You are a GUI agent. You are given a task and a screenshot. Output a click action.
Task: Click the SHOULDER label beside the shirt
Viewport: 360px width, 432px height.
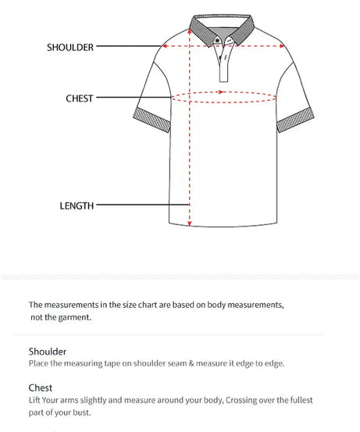(70, 47)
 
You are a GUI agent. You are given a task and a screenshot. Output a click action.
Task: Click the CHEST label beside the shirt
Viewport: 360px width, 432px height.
(80, 98)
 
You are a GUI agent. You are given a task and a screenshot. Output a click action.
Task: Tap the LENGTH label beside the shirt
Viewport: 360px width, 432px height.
(77, 206)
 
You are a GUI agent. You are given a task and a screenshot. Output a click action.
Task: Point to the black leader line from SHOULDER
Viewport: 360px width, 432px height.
(129, 47)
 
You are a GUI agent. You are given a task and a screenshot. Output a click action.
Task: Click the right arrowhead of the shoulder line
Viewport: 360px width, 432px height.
(283, 46)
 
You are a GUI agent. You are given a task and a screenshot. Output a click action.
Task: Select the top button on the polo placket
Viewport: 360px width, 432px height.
(225, 42)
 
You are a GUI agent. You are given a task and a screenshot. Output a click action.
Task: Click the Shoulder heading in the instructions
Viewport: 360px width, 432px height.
(48, 352)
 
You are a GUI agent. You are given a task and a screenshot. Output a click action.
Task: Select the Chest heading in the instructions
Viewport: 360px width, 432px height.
(41, 387)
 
